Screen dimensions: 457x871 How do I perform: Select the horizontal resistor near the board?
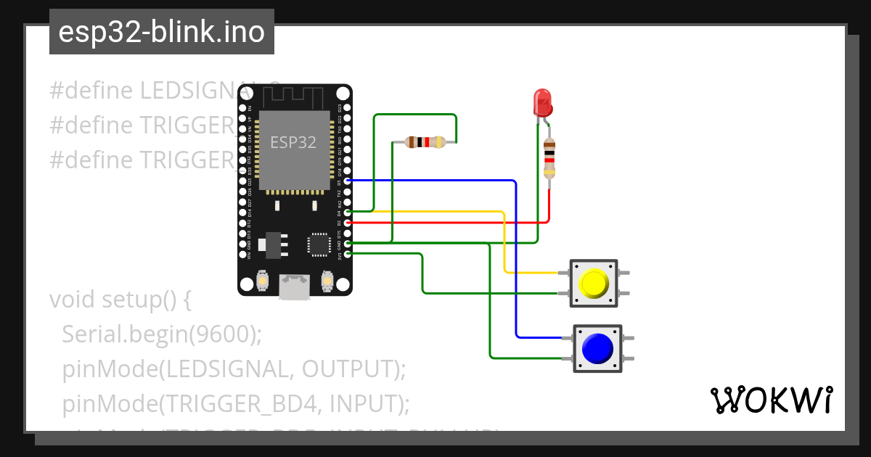pyautogui.click(x=425, y=142)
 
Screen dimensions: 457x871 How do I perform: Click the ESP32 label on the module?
pyautogui.click(x=293, y=142)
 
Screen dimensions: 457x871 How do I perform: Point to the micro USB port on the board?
pyautogui.click(x=294, y=286)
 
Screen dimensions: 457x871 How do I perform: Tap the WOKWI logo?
pyautogui.click(x=771, y=400)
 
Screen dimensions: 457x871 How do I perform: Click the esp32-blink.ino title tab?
pyautogui.click(x=161, y=33)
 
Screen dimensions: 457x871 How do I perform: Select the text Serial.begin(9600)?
pyautogui.click(x=161, y=334)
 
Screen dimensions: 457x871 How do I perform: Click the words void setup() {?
pyautogui.click(x=120, y=299)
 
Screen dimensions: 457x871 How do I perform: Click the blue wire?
pyautogui.click(x=516, y=261)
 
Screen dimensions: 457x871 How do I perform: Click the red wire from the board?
pyautogui.click(x=450, y=223)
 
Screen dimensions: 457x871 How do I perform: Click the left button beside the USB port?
pyautogui.click(x=263, y=280)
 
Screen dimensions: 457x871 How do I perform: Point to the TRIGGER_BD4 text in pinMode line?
pyautogui.click(x=228, y=403)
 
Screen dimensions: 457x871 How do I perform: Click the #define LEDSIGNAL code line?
pyautogui.click(x=145, y=91)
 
